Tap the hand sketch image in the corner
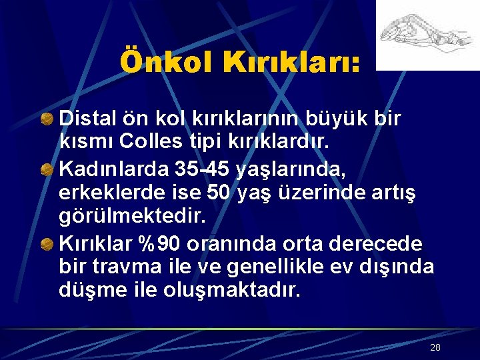[x=427, y=35]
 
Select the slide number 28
[x=435, y=347]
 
